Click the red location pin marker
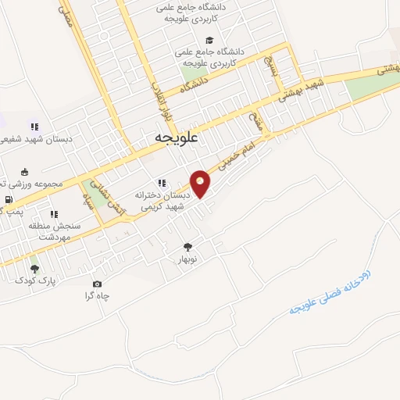(x=201, y=183)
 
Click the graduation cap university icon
(x=209, y=40)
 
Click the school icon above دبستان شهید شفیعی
(x=34, y=126)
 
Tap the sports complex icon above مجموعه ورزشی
(x=25, y=172)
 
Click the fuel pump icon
(x=9, y=199)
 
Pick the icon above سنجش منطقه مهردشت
(x=54, y=214)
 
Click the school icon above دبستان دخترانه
(x=161, y=184)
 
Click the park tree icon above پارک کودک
(x=33, y=269)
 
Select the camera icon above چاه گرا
(x=97, y=284)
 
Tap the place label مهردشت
(x=54, y=236)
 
